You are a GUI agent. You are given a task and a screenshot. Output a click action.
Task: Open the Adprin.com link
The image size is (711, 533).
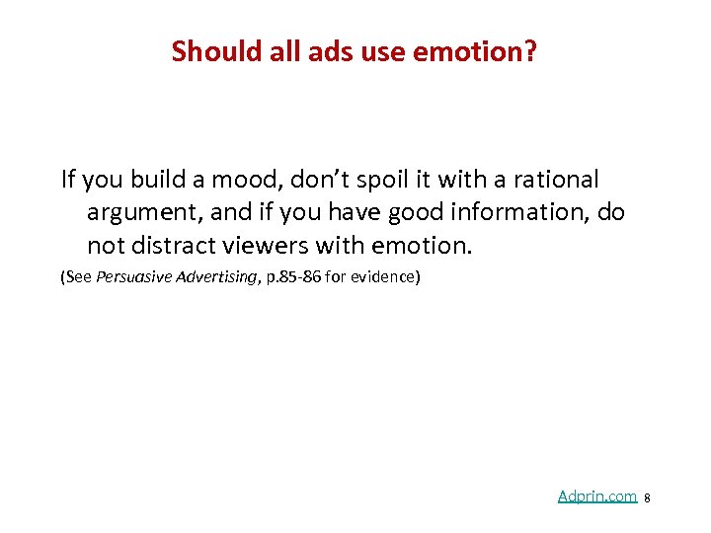click(x=596, y=496)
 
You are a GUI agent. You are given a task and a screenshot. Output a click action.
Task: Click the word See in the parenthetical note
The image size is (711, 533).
click(x=78, y=277)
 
